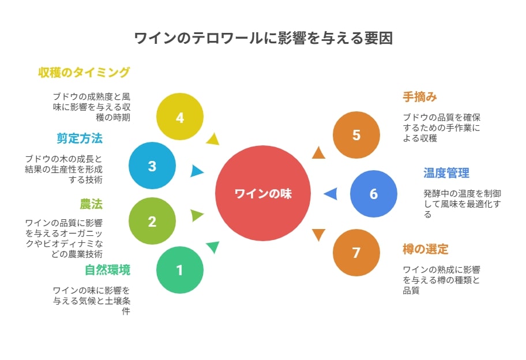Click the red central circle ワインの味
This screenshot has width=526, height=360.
tap(263, 193)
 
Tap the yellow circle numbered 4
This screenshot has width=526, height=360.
tap(180, 117)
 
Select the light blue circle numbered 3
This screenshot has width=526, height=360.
tap(152, 166)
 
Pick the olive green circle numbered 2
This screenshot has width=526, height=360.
tap(152, 221)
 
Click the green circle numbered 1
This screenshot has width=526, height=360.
tap(180, 270)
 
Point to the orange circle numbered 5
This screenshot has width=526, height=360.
tap(356, 135)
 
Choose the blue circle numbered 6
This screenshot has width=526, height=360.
tap(374, 194)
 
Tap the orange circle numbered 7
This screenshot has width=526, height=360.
tap(356, 253)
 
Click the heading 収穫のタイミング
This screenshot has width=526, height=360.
tap(84, 72)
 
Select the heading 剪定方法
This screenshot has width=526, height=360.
tap(80, 138)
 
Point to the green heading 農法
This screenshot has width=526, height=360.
tap(91, 204)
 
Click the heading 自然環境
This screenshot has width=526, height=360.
tap(107, 270)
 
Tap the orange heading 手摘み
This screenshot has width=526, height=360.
tap(420, 97)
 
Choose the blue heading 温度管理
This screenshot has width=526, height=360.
tap(446, 173)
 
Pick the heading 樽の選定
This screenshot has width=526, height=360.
tap(426, 249)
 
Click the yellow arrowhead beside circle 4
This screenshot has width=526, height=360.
tap(213, 139)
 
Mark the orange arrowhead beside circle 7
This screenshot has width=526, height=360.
tap(319, 235)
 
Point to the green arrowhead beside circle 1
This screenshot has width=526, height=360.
tap(213, 247)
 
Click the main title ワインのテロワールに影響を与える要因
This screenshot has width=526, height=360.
tap(264, 38)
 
